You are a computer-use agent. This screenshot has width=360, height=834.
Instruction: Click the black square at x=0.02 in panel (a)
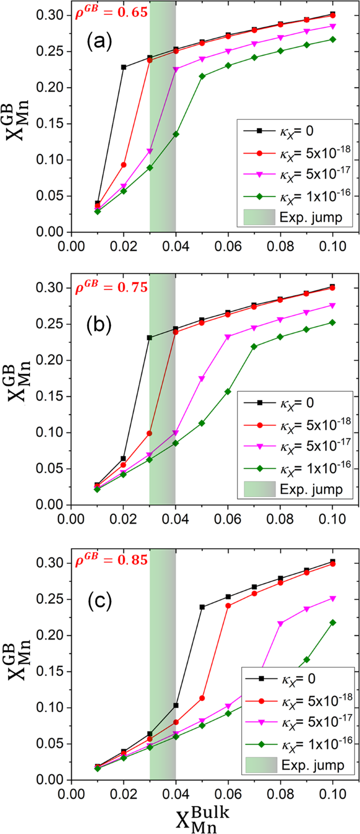(124, 67)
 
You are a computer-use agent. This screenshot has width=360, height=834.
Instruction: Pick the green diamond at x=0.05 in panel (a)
(202, 76)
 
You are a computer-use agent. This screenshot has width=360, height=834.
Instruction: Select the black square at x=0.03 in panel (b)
(150, 338)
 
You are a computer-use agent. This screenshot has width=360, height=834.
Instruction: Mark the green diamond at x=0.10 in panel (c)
(333, 623)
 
